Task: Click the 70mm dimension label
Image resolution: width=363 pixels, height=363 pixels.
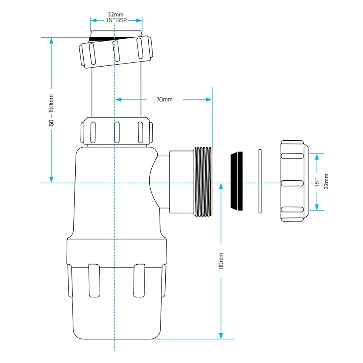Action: [164, 99]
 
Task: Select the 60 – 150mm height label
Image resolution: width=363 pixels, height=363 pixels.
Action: [51, 110]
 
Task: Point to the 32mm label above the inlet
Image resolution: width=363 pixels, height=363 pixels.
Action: [116, 16]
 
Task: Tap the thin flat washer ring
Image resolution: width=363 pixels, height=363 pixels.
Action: [259, 181]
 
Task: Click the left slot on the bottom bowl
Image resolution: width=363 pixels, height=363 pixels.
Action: [94, 280]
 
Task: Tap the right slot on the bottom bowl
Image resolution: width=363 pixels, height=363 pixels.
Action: [139, 280]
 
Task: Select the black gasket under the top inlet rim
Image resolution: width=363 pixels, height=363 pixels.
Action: [102, 38]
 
